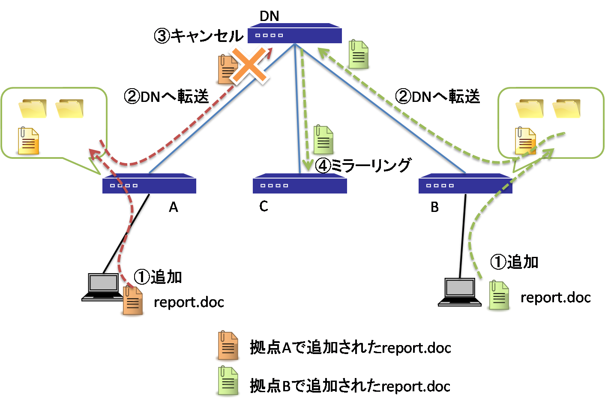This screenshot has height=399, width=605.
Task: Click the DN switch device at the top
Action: (295, 34)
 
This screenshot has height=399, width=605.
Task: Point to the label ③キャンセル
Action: (198, 36)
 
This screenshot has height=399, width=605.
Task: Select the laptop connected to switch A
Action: (103, 287)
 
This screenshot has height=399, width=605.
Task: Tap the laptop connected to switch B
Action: (460, 292)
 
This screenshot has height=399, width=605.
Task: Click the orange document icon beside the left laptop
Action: (132, 301)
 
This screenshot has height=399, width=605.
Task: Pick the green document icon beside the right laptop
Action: (499, 296)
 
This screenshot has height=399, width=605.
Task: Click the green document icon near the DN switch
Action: (359, 55)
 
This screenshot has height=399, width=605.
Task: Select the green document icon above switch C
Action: (323, 140)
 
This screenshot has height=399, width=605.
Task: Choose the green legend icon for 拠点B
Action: (227, 382)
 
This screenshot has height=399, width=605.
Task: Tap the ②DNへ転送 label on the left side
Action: (166, 97)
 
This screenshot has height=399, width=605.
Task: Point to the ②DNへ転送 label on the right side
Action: (437, 97)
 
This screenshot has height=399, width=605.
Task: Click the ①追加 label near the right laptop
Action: (514, 262)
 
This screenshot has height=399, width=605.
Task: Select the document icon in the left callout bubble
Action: (29, 141)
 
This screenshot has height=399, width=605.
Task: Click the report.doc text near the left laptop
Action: (189, 302)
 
